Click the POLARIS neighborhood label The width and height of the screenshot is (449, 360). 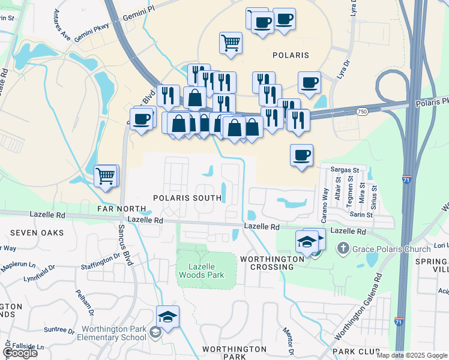291,55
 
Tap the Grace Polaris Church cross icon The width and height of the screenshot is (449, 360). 343,248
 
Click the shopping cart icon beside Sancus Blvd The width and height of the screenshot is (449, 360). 106,176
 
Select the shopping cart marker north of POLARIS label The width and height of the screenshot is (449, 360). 231,43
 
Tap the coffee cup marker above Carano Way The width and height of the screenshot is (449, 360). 301,155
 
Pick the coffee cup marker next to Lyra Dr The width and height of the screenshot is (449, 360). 309,82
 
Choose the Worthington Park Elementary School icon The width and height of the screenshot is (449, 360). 155,333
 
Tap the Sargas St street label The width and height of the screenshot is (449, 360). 346,170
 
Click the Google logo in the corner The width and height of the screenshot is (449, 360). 19,352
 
